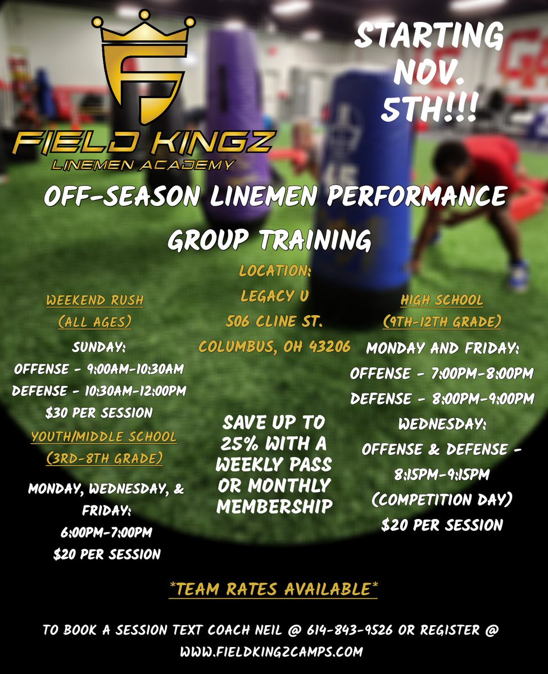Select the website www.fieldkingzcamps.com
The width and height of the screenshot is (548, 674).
click(x=271, y=652)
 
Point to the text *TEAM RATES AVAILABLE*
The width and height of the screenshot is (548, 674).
click(x=273, y=589)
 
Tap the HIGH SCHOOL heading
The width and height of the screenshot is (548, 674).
click(x=442, y=300)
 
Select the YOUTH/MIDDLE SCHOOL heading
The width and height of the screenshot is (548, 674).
click(x=104, y=436)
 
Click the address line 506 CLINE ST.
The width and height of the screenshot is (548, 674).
click(x=274, y=322)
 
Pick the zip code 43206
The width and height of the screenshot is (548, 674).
click(x=327, y=347)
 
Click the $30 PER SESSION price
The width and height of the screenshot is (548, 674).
click(x=99, y=413)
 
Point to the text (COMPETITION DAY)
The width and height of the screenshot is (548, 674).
click(x=442, y=500)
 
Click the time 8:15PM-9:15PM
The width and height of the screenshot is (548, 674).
click(x=442, y=475)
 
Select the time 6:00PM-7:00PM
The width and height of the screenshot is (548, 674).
click(x=106, y=531)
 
